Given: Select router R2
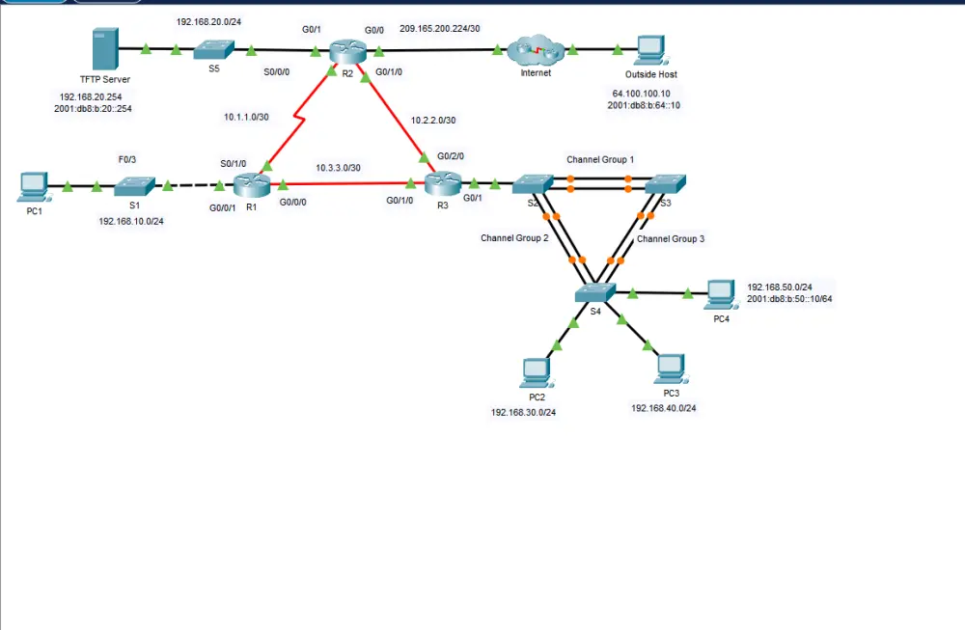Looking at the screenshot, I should pyautogui.click(x=343, y=50).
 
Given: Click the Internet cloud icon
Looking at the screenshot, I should pyautogui.click(x=536, y=49).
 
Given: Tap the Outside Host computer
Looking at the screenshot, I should pyautogui.click(x=650, y=49).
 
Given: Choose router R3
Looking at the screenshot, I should pyautogui.click(x=444, y=181).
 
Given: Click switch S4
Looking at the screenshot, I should pyautogui.click(x=595, y=292).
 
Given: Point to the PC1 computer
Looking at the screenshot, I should pyautogui.click(x=34, y=185).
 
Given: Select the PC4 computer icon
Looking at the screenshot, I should pyautogui.click(x=720, y=293).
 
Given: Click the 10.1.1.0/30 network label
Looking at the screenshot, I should pyautogui.click(x=247, y=118).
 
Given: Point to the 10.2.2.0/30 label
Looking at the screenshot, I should pyautogui.click(x=433, y=121).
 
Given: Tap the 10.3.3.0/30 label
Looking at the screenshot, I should pyautogui.click(x=338, y=168).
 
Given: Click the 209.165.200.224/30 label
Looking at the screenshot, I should pyautogui.click(x=440, y=29).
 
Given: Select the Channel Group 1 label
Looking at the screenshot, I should pyautogui.click(x=600, y=158).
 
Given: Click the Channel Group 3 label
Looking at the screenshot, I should pyautogui.click(x=671, y=238).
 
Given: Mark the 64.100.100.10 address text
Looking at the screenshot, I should pyautogui.click(x=641, y=94).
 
